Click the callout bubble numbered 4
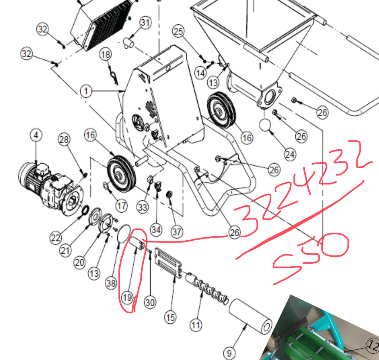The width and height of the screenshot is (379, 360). [x=36, y=136]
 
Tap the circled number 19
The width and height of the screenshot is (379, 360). [x=127, y=297]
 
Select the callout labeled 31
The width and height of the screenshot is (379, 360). [x=145, y=23]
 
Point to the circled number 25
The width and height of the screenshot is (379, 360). [x=178, y=32]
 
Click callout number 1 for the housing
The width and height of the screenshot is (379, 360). [x=86, y=91]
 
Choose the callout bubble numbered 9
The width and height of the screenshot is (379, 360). [x=229, y=352]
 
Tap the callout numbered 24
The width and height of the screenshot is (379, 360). [x=290, y=154]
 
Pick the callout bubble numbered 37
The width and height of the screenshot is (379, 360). [x=177, y=232]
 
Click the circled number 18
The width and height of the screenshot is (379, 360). [x=106, y=55]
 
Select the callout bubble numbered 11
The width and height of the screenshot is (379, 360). [x=196, y=325]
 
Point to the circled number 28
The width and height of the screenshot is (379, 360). [x=64, y=140]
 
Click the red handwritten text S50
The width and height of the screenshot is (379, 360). [x=311, y=257]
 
